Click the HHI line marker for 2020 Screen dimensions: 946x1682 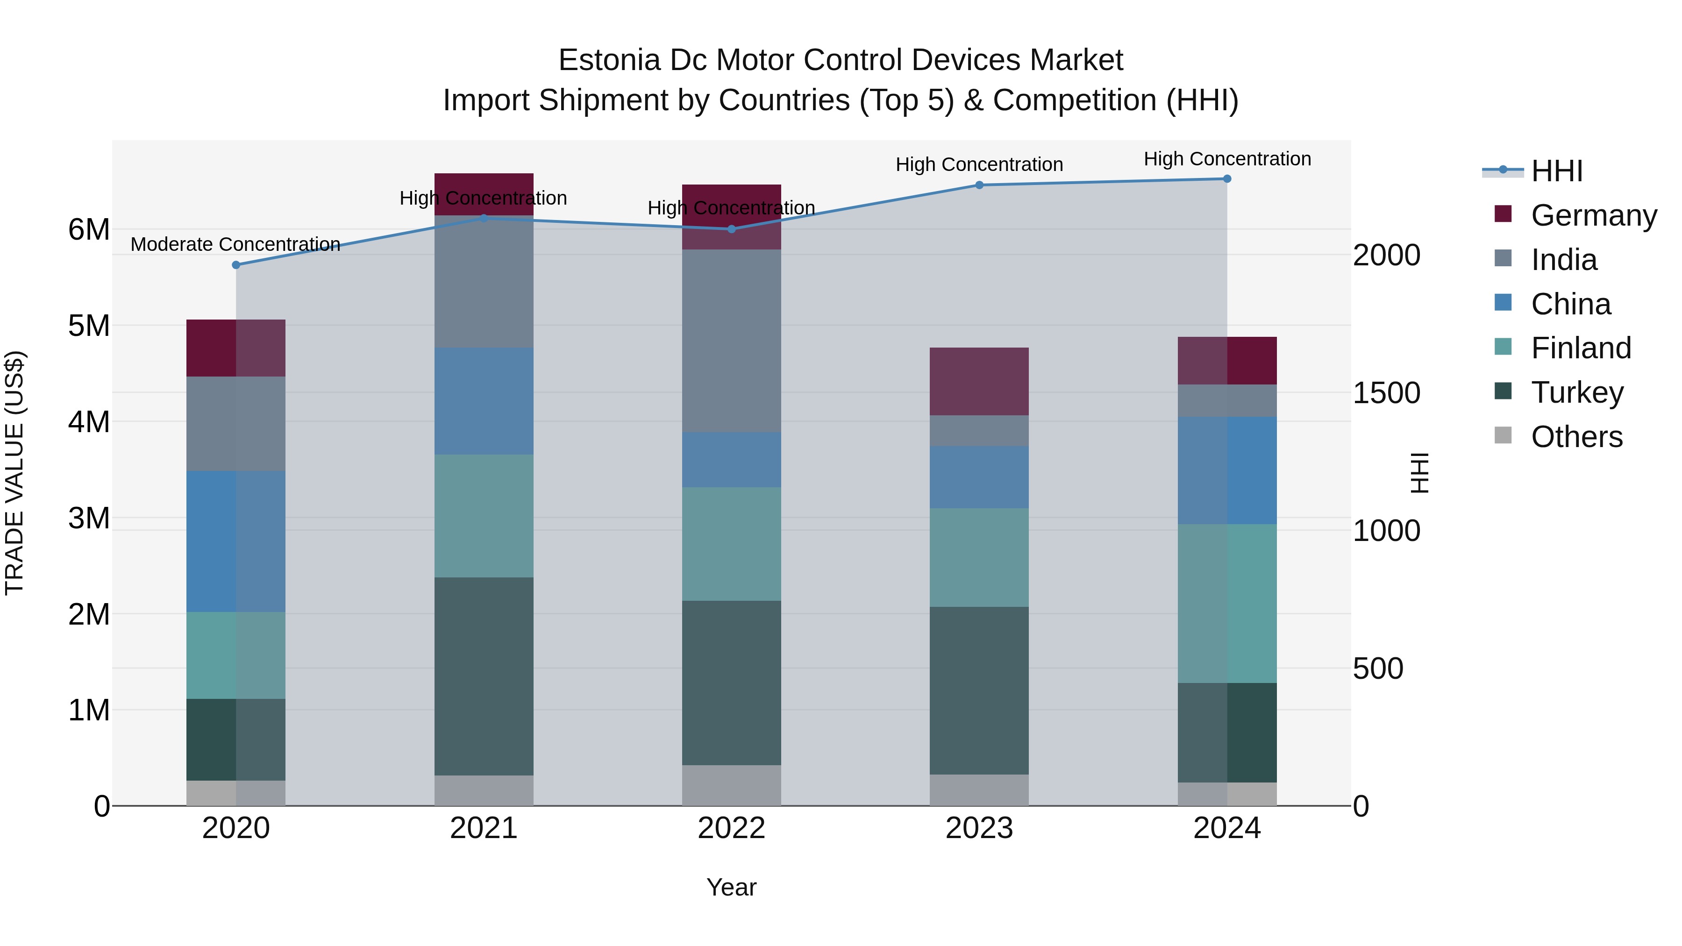(x=236, y=265)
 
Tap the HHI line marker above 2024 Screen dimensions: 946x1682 (x=1227, y=179)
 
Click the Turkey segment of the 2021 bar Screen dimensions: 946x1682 (x=484, y=676)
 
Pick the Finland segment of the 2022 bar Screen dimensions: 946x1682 (x=731, y=544)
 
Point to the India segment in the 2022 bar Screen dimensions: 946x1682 (x=731, y=341)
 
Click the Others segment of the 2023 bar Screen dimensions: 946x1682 (x=979, y=790)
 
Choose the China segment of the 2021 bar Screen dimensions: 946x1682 (x=484, y=401)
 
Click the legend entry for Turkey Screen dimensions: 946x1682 (x=1577, y=392)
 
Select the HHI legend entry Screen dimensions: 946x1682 (x=1557, y=171)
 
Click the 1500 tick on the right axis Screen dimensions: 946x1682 (x=1386, y=393)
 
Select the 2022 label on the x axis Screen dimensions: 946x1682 (x=731, y=828)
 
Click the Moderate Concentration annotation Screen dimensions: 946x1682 (x=236, y=244)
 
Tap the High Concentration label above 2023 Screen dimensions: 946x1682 (x=979, y=164)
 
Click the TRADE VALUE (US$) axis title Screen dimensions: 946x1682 (x=14, y=473)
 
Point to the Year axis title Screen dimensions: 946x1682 (x=731, y=887)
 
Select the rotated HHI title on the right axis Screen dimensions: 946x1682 (x=1419, y=473)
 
